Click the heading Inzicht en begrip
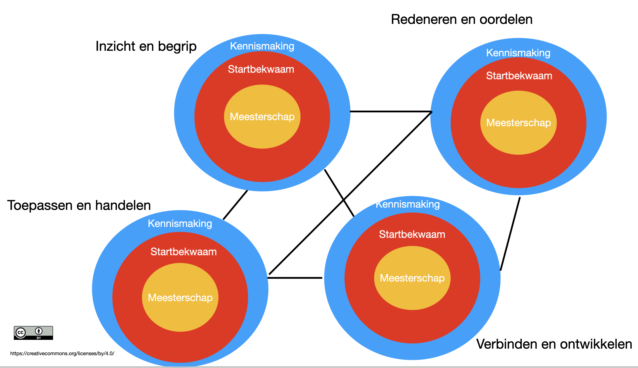pos(146,46)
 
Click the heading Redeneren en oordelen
pos(462,19)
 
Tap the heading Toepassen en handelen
pos(79,205)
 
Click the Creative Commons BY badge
pos(33,333)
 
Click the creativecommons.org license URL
pos(62,353)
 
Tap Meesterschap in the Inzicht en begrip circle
pos(262,117)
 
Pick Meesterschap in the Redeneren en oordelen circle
pos(518,123)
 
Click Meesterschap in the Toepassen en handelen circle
pos(180,298)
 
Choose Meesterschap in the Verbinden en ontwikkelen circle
pos(412,278)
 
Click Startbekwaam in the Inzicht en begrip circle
pos(261,69)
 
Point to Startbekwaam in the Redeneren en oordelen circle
pos(519,76)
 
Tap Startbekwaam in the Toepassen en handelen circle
pos(184,252)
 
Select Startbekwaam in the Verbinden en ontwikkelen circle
pos(412,234)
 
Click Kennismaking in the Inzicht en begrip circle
pos(262,46)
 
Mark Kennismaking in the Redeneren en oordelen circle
pos(518,53)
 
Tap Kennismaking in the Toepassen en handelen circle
pos(180,223)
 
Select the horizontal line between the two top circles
pos(391,111)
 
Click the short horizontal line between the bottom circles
pos(295,278)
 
